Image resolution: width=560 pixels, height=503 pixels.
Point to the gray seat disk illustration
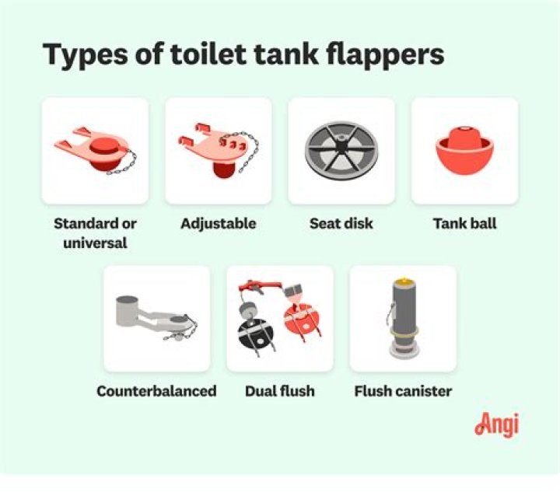(x=341, y=148)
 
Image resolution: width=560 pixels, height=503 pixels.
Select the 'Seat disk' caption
(x=341, y=224)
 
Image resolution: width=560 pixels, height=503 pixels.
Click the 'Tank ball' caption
(x=464, y=224)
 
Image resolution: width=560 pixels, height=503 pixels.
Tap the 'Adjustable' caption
(x=218, y=224)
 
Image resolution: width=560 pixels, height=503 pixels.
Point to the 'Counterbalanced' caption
(x=156, y=391)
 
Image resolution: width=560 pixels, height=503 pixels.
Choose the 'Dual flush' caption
(x=280, y=391)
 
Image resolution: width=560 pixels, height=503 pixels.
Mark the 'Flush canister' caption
(x=403, y=391)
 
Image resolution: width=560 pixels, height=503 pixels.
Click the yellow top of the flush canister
(x=403, y=279)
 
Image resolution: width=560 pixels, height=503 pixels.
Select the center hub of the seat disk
(x=341, y=147)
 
